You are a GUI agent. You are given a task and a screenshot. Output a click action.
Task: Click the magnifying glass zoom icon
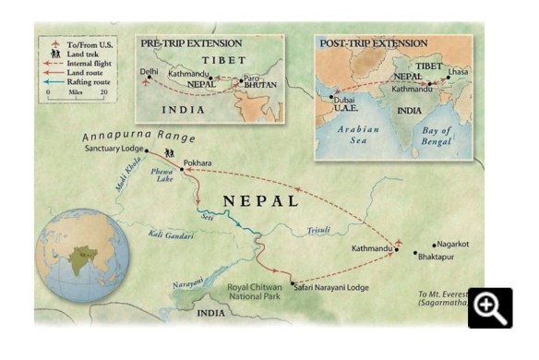pyautogui.click(x=489, y=308)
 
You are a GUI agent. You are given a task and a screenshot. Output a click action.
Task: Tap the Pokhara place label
pyautogui.click(x=198, y=163)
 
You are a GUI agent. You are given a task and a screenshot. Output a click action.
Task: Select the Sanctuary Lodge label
pyautogui.click(x=113, y=148)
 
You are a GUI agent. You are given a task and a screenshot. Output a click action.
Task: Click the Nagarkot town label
pyautogui.click(x=452, y=244)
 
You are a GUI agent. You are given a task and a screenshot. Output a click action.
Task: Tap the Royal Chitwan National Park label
pyautogui.click(x=259, y=293)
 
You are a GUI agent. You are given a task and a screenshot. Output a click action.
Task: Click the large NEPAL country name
pyautogui.click(x=261, y=200)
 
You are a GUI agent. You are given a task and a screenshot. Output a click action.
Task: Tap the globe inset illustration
pyautogui.click(x=81, y=256)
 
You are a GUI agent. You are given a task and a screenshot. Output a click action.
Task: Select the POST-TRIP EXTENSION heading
pyautogui.click(x=373, y=43)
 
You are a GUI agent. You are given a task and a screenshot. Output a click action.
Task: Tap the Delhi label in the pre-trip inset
pyautogui.click(x=149, y=71)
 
